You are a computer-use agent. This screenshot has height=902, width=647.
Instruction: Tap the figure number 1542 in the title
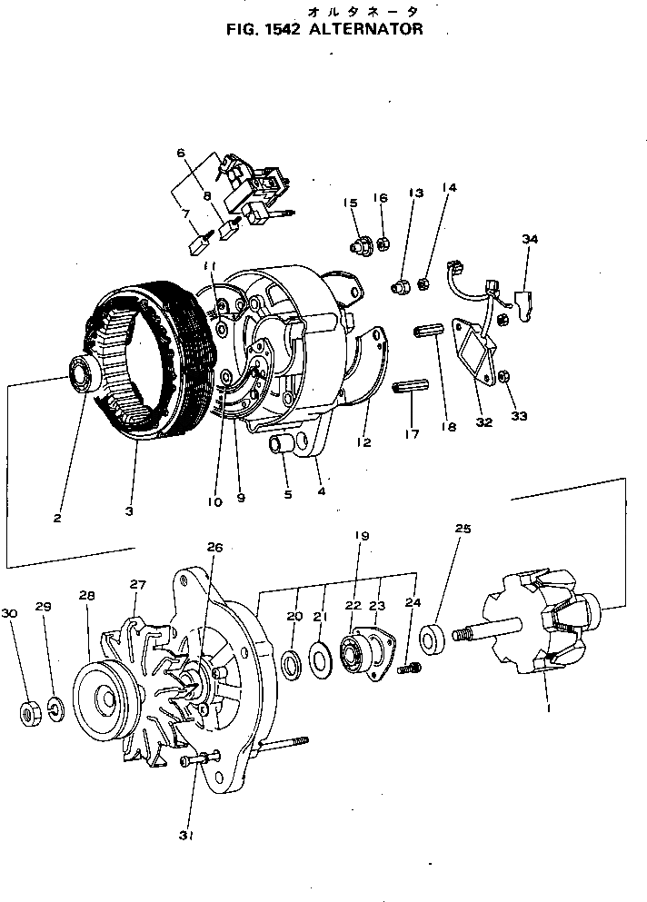[x=281, y=29]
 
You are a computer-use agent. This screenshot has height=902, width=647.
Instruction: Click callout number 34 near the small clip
[x=530, y=240]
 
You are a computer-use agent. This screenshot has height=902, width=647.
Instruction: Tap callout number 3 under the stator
[x=129, y=512]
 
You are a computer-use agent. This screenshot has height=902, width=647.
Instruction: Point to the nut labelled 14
[x=423, y=285]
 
